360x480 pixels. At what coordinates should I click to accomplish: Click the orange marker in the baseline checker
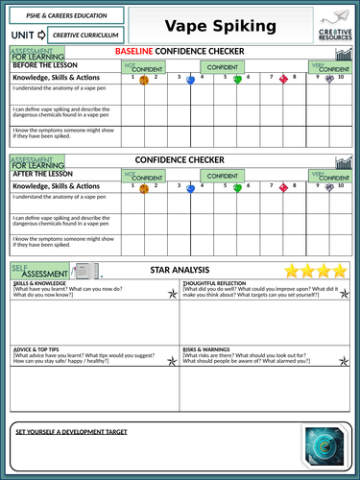pyautogui.click(x=144, y=82)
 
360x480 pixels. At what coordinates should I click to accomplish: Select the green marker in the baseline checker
pyautogui.click(x=237, y=81)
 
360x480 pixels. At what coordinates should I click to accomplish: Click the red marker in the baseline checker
pyautogui.click(x=283, y=81)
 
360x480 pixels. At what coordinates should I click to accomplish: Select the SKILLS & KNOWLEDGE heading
pyautogui.click(x=40, y=286)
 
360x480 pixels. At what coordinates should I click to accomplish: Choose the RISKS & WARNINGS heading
pyautogui.click(x=207, y=348)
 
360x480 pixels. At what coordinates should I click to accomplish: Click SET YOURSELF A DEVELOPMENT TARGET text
pyautogui.click(x=72, y=432)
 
